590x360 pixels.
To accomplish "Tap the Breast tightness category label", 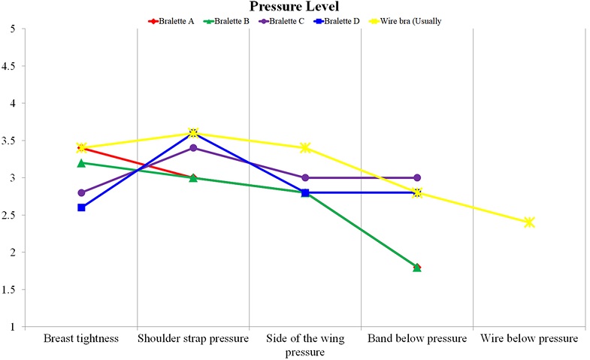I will (x=81, y=339).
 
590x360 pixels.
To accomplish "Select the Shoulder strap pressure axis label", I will (x=193, y=339).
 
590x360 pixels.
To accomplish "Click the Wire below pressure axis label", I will (x=529, y=339).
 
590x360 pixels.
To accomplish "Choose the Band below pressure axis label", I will (x=417, y=339).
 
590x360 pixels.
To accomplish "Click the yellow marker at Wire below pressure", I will (x=529, y=222).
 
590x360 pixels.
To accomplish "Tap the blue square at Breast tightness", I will (x=81, y=207).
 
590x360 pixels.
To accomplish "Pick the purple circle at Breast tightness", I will (x=81, y=192).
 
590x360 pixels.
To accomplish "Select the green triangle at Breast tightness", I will (x=81, y=162).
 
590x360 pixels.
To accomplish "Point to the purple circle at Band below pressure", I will (x=417, y=177).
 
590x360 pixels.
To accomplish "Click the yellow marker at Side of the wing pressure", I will (x=305, y=147).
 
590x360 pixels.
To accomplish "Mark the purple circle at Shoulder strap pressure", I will (x=193, y=148).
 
